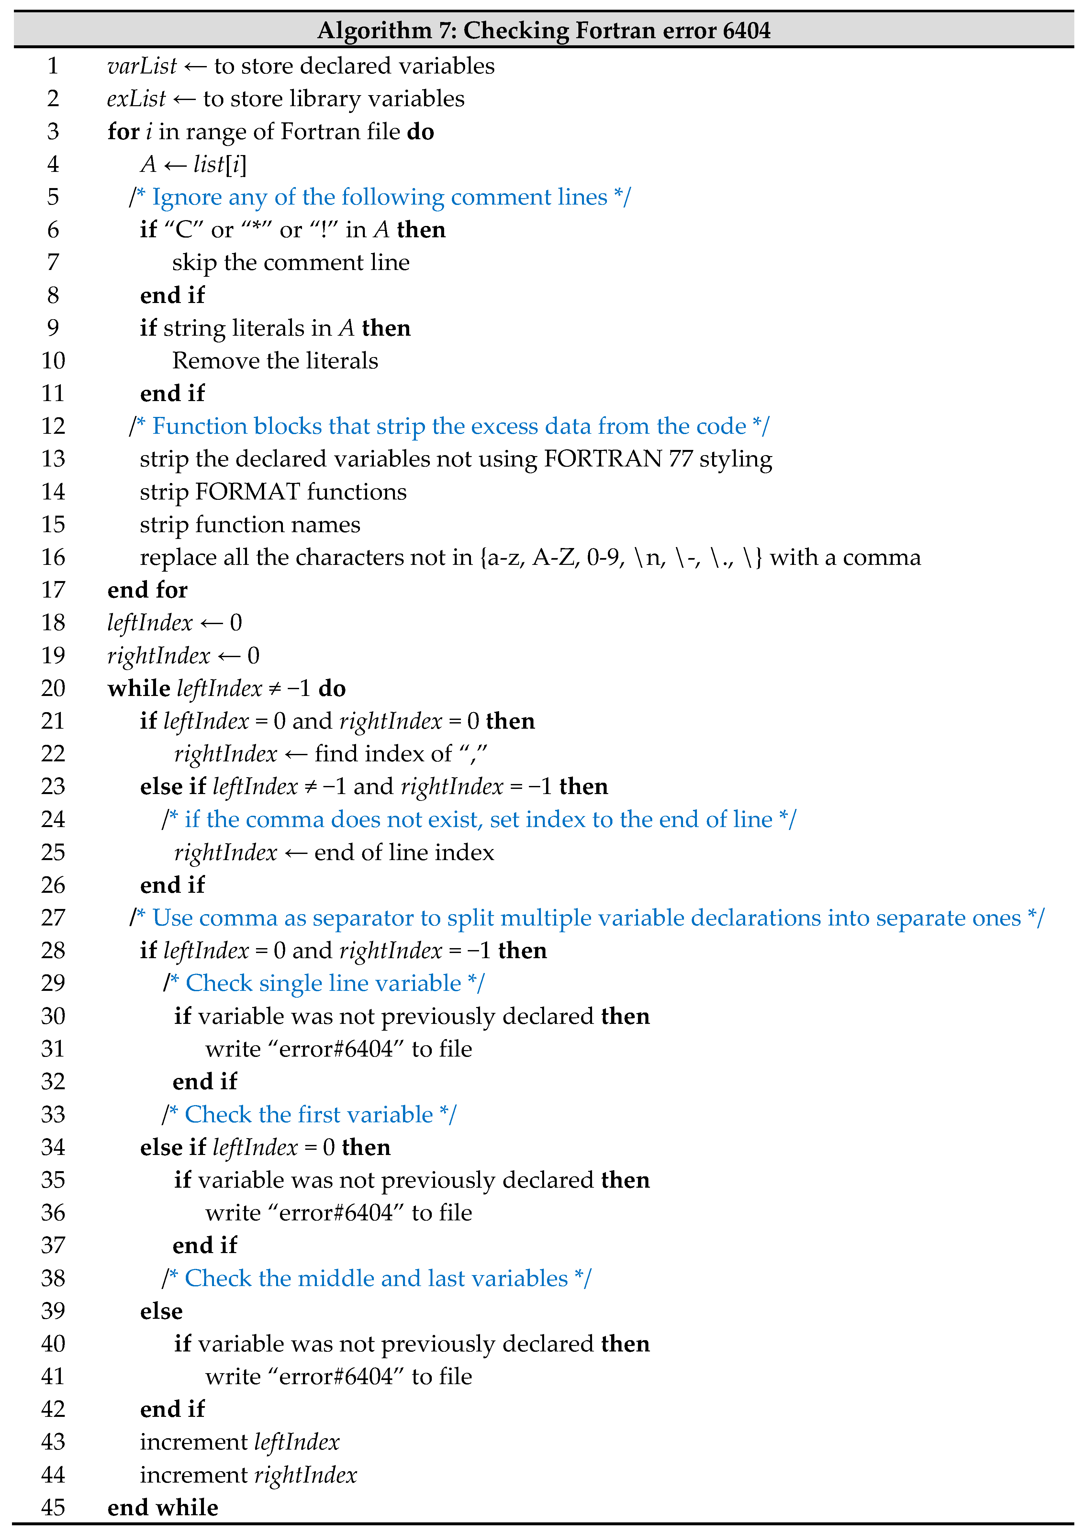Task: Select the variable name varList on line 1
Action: point(142,66)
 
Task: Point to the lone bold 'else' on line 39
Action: point(161,1311)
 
